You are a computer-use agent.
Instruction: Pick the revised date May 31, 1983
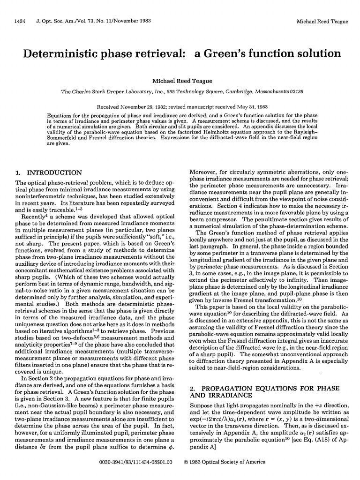(251, 106)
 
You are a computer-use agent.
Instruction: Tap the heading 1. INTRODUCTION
(49, 172)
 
